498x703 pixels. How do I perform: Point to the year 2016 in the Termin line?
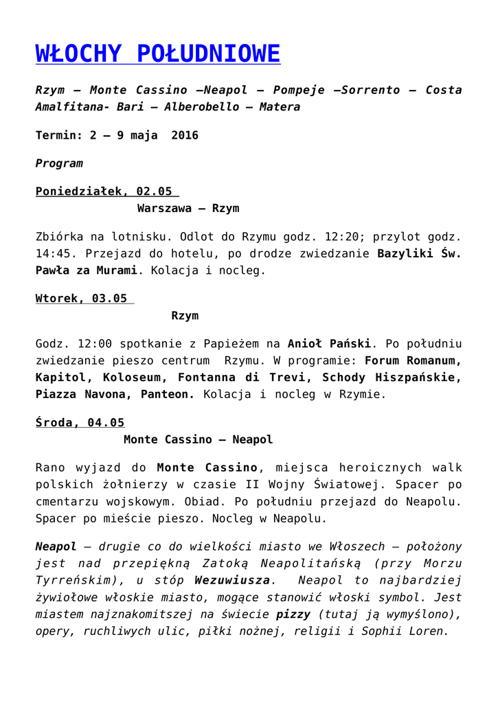click(x=185, y=135)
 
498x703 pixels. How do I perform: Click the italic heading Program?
click(x=59, y=163)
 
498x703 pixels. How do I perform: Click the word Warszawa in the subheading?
click(x=164, y=208)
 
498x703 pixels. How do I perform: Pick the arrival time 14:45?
click(x=52, y=253)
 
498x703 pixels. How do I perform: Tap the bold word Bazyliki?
click(x=405, y=253)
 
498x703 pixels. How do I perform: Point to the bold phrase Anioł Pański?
click(x=329, y=343)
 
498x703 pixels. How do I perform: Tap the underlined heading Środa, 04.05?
click(x=80, y=423)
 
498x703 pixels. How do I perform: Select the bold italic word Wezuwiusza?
click(x=231, y=581)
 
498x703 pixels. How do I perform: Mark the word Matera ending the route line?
click(x=280, y=107)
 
